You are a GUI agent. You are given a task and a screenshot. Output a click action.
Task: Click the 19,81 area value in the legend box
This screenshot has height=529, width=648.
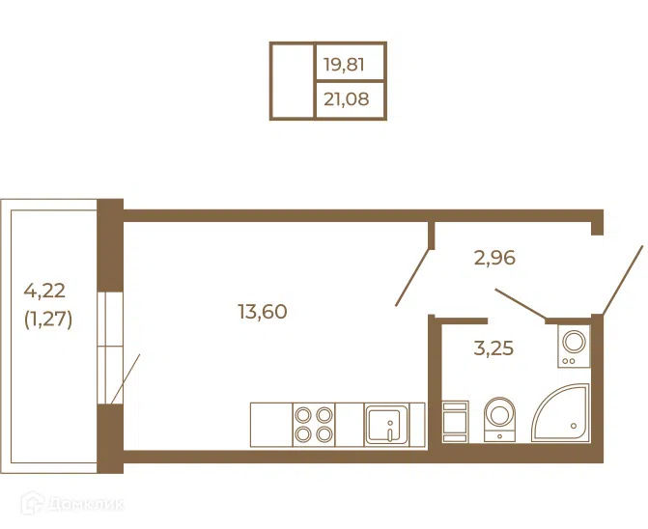344,65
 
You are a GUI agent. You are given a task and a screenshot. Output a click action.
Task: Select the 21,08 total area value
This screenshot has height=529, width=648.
346,99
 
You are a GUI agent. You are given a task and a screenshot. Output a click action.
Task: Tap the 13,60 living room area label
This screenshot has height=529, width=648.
263,312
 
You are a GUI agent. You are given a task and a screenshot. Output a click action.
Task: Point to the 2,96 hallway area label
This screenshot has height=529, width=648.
494,258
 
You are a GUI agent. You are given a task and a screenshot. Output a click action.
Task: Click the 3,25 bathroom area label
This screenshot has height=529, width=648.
493,348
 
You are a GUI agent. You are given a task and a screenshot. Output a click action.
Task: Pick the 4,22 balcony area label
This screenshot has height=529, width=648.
44,291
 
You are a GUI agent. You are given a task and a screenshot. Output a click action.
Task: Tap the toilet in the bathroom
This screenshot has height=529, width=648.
499,419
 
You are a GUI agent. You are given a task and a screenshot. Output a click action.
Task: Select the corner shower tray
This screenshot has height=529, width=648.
561,413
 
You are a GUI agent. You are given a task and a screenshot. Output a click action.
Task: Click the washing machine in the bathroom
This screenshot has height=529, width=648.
574,346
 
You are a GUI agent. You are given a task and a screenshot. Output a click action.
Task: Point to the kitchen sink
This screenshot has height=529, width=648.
386,425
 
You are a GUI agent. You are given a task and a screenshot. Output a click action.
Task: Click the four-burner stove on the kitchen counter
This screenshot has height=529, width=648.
314,425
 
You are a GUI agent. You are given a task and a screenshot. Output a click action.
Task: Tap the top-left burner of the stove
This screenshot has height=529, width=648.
303,415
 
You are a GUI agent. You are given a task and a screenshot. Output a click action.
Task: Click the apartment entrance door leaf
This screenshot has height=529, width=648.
623,281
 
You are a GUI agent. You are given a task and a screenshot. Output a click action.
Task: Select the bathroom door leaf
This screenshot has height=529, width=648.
521,304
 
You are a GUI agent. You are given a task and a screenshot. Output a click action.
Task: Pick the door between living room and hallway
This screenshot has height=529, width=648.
413,277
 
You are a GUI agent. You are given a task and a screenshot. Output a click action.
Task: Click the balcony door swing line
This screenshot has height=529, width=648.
126,378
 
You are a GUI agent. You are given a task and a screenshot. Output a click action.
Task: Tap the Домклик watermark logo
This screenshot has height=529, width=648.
71,503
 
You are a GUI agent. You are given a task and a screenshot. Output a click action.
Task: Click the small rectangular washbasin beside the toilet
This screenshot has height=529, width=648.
455,421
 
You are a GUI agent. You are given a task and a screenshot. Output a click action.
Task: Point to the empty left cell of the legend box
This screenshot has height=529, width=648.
292,81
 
